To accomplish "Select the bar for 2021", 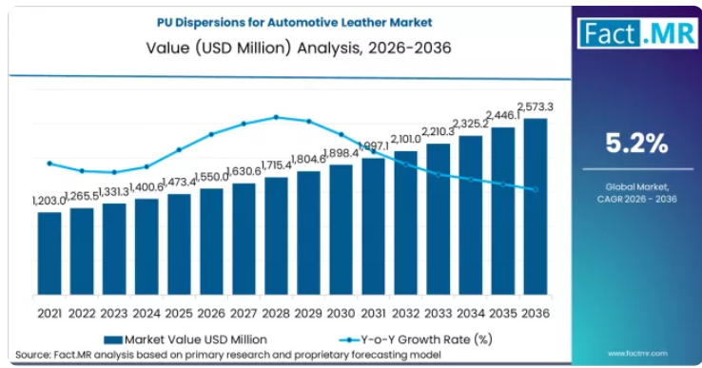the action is (x=49, y=253).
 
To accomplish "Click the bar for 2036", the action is (x=536, y=207).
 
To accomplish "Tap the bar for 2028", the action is (x=276, y=237).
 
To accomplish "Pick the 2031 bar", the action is (x=374, y=226).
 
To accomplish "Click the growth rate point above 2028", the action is (x=276, y=117).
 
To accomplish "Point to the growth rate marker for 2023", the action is (x=114, y=172).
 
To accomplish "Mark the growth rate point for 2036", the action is (x=536, y=190).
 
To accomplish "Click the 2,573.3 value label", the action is (x=536, y=107).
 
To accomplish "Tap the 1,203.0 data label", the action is (x=49, y=201).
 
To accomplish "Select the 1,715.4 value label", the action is (x=276, y=165).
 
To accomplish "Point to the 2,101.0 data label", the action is (x=405, y=139).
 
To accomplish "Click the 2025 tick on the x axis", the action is (x=179, y=314).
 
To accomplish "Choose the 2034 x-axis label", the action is (x=471, y=314).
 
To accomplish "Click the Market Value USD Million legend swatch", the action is (x=113, y=340).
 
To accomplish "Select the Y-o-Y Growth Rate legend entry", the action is (x=416, y=339).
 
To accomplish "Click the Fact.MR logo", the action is (x=637, y=33).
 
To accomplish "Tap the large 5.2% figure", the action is (x=636, y=144).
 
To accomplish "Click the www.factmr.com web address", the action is (x=637, y=354).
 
